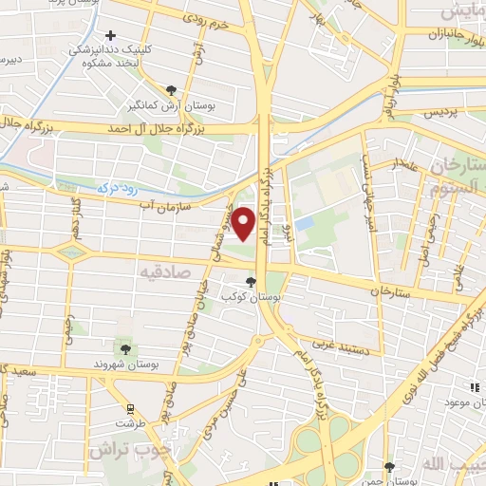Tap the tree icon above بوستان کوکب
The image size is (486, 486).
[251, 281]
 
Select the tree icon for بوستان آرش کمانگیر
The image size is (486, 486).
[171, 90]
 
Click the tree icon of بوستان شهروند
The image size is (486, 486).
[121, 349]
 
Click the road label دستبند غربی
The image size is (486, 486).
[337, 347]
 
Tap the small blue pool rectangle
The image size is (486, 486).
[304, 224]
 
